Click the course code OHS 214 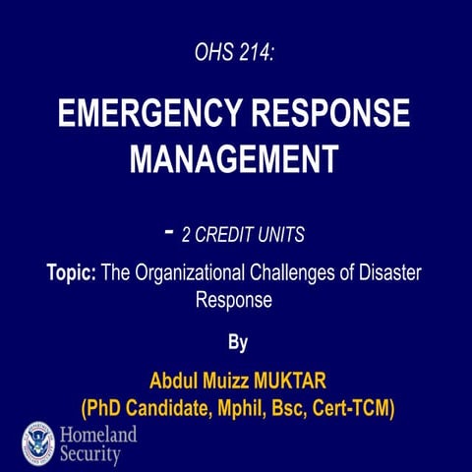pos(235,55)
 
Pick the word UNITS pos(281,235)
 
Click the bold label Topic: pos(71,273)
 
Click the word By pos(236,343)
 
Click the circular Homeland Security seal pos(38,442)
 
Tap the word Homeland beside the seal pos(98,434)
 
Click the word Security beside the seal pos(90,455)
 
